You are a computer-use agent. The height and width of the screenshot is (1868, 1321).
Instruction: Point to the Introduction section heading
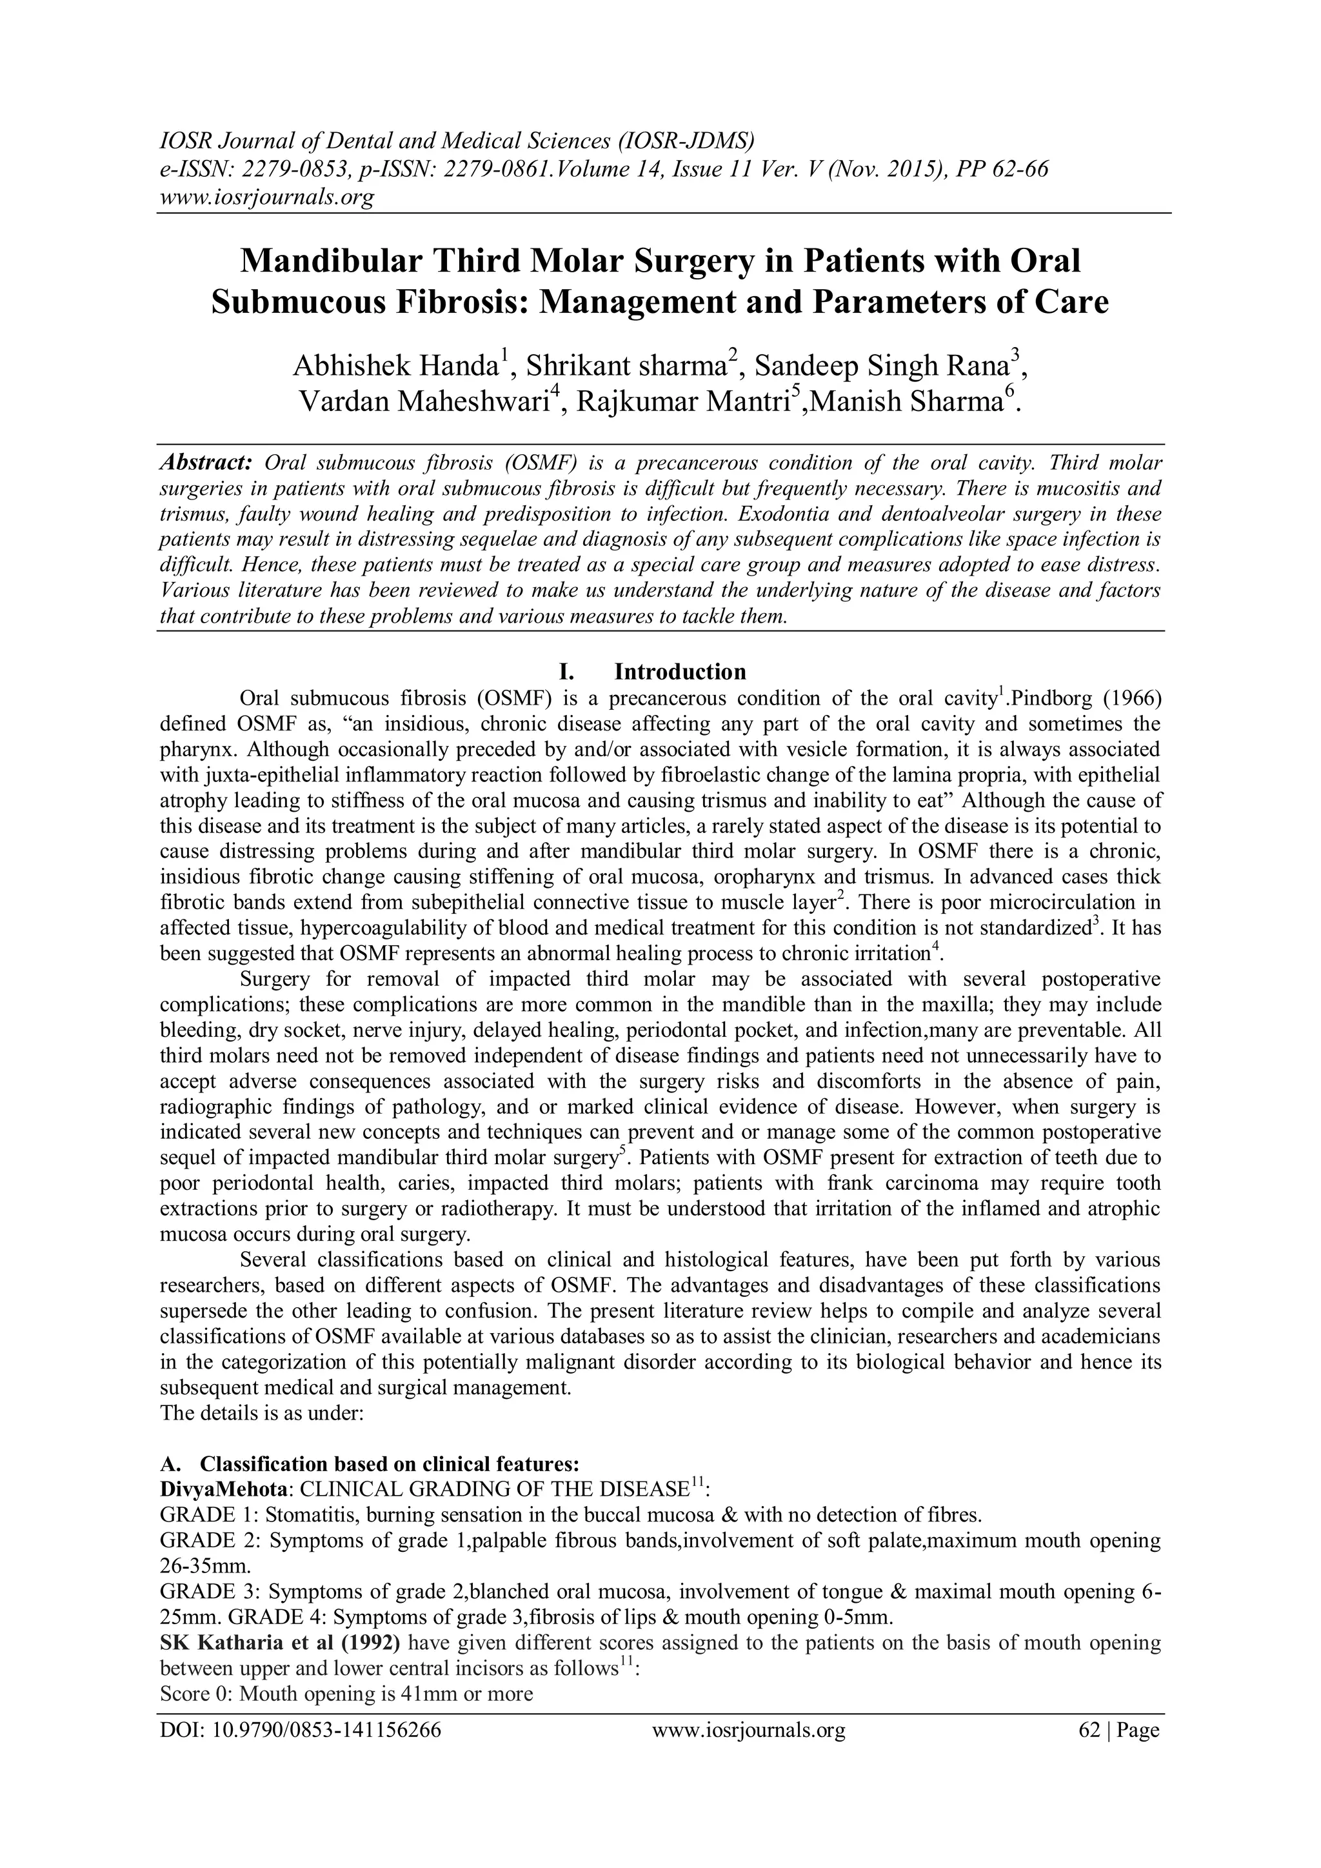click(x=680, y=671)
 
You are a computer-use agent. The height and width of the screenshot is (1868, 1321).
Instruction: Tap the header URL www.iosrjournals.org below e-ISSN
click(x=267, y=197)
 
